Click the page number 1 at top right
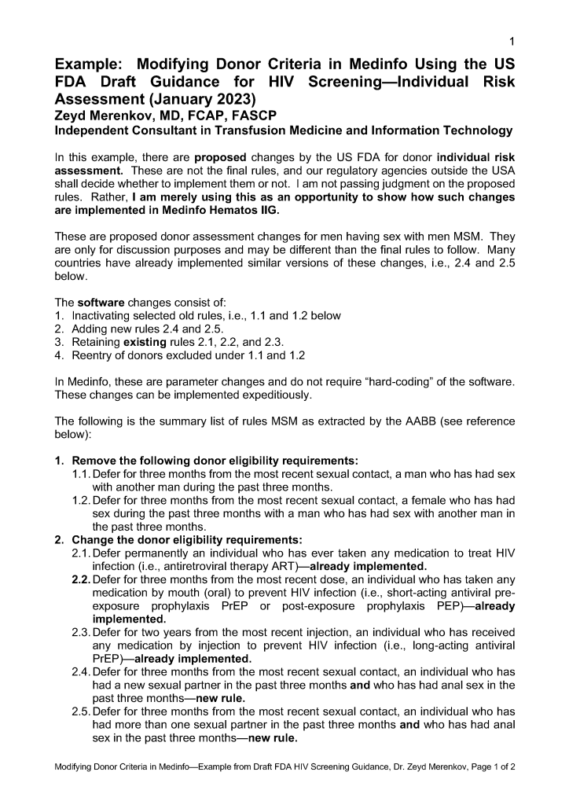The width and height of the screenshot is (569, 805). [x=512, y=41]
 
